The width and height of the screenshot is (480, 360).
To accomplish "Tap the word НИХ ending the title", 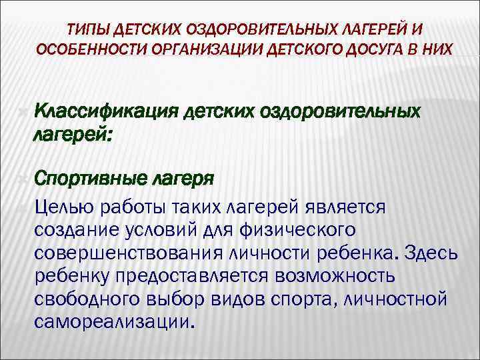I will pos(440,51).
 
